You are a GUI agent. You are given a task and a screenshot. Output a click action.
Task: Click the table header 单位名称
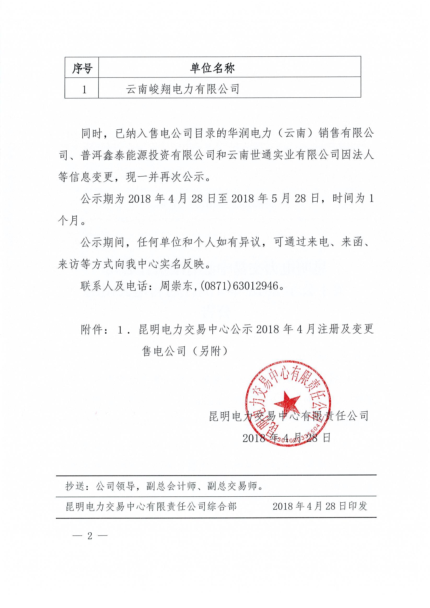212,69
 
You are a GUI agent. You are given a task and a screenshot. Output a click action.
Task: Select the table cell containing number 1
84,89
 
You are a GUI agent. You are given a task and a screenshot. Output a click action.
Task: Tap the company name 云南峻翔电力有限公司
183,89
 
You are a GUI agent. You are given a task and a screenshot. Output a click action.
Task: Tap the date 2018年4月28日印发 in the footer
320,506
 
